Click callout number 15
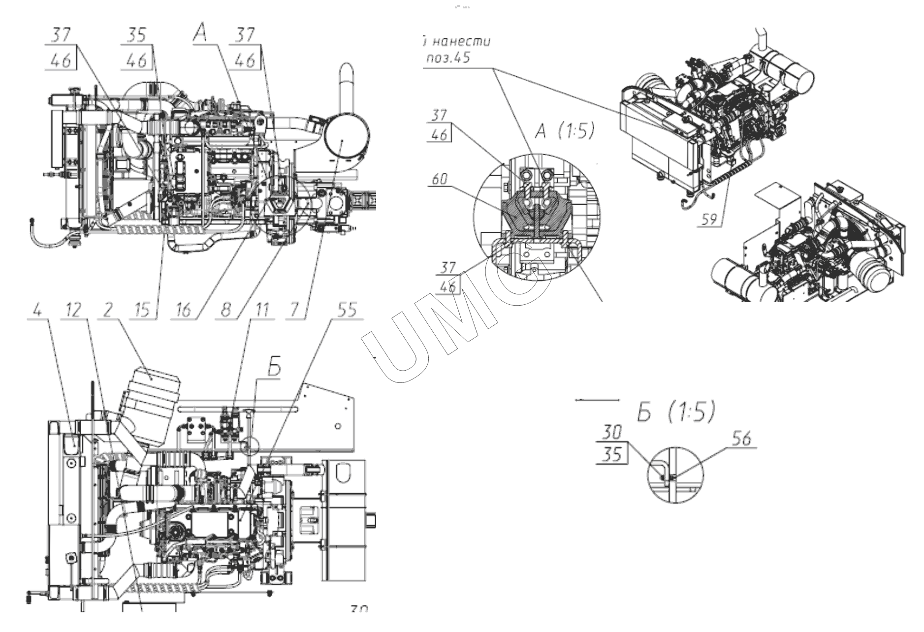(x=143, y=311)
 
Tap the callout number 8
(x=226, y=311)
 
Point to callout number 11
(x=262, y=311)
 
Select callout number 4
(x=37, y=311)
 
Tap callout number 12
(x=73, y=311)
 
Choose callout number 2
(x=108, y=311)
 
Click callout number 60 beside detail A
(x=439, y=179)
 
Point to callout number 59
(x=709, y=219)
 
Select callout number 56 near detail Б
(x=742, y=439)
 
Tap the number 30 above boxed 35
(x=612, y=433)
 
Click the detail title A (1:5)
(x=564, y=131)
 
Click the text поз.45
(x=448, y=58)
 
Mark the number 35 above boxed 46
(x=136, y=35)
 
